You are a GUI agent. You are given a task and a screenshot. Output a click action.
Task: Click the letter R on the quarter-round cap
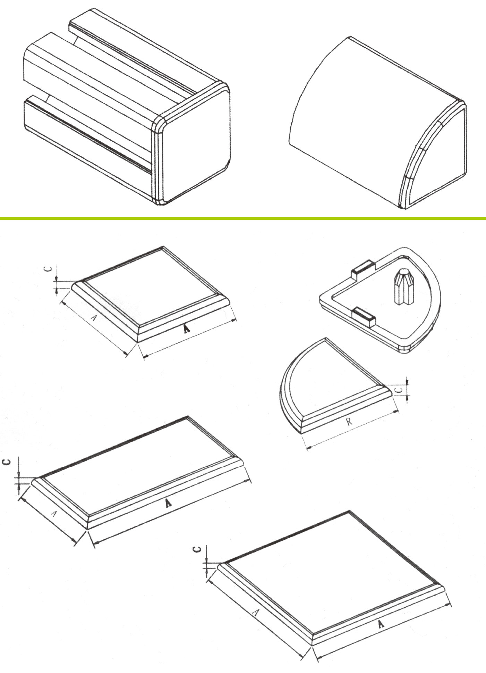pyautogui.click(x=349, y=421)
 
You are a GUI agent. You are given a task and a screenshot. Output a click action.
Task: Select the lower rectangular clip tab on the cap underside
pyautogui.click(x=364, y=316)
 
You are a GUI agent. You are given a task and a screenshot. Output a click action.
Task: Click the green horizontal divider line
pyautogui.click(x=243, y=218)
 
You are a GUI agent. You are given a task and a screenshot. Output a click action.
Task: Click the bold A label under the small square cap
pyautogui.click(x=187, y=329)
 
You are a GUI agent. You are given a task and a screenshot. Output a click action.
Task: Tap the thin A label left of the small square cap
pyautogui.click(x=94, y=317)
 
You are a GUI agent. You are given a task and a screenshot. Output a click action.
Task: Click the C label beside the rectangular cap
pyautogui.click(x=7, y=462)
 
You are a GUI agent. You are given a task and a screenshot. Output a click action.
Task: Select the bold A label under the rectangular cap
pyautogui.click(x=168, y=502)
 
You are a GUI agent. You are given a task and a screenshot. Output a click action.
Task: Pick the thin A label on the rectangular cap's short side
pyautogui.click(x=53, y=513)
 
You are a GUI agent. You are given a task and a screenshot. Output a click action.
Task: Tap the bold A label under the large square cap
pyautogui.click(x=381, y=624)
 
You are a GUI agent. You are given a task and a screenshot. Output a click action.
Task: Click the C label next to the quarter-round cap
pyautogui.click(x=400, y=390)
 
